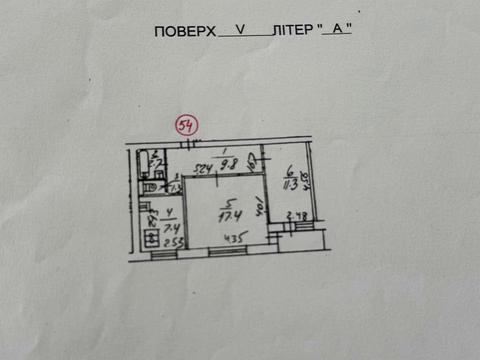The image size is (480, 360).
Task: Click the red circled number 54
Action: pyautogui.click(x=186, y=125)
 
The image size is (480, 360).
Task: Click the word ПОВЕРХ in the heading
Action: pyautogui.click(x=185, y=31)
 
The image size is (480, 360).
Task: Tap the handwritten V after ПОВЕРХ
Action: pyautogui.click(x=239, y=29)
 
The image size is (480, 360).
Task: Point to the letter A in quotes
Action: pyautogui.click(x=338, y=29)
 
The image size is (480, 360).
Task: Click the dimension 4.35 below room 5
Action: pyautogui.click(x=235, y=239)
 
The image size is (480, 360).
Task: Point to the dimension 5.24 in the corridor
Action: pyautogui.click(x=203, y=167)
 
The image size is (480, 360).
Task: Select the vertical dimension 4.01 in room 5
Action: pyautogui.click(x=260, y=209)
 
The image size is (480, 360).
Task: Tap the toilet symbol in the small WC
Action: pyautogui.click(x=147, y=186)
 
